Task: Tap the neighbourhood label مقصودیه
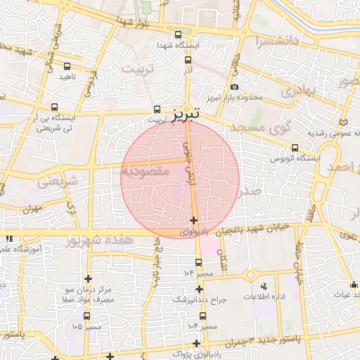[x=147, y=170]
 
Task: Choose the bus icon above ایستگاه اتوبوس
[x=295, y=148]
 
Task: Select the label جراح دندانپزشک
[x=200, y=300]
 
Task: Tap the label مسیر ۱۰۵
[x=86, y=327]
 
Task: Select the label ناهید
[x=67, y=76]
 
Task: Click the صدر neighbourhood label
[x=250, y=190]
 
